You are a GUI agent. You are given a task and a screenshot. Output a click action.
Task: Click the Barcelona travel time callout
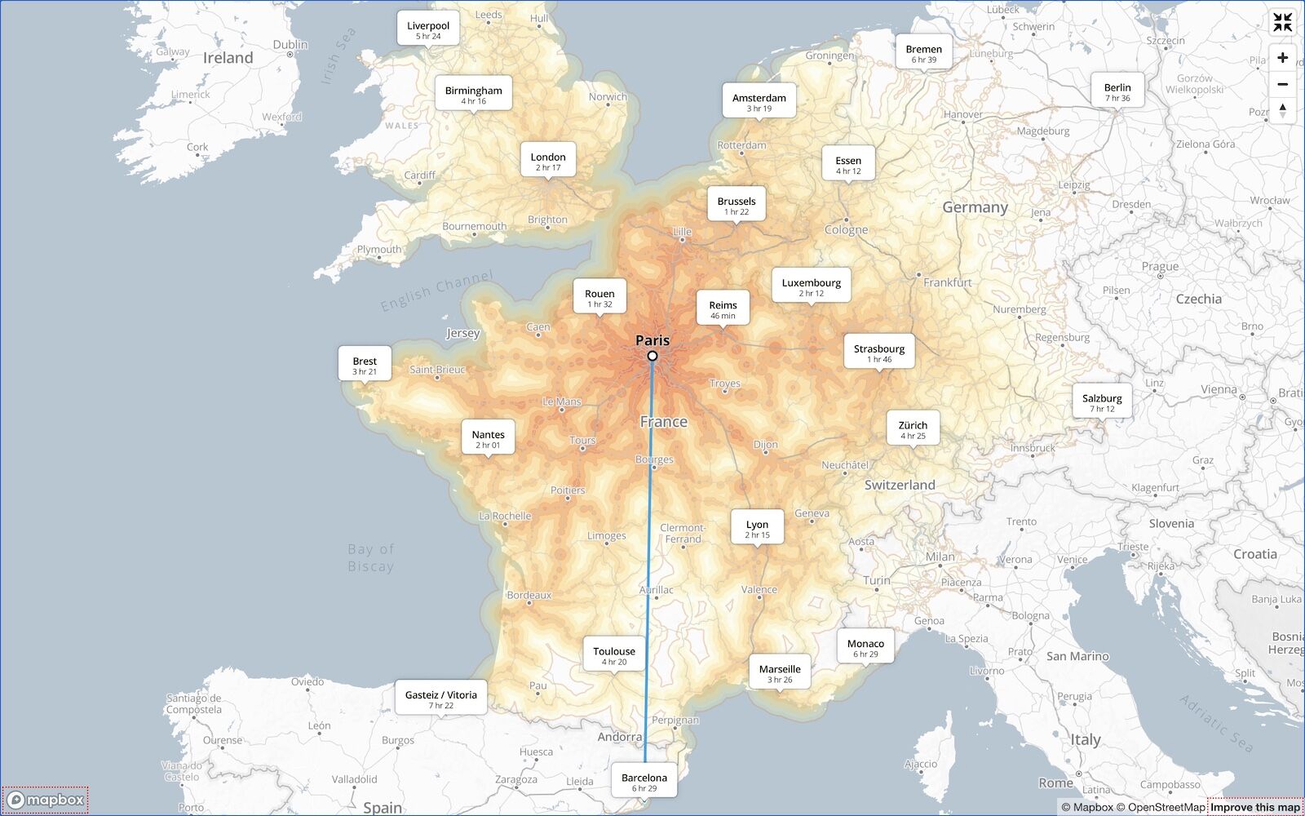[644, 782]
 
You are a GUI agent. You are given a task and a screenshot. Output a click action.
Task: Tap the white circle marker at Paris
[652, 356]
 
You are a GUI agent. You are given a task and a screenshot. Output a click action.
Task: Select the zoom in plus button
[1282, 58]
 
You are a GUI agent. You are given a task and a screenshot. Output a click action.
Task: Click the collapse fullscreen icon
[1282, 23]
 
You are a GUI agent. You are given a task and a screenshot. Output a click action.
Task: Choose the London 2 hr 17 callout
[548, 161]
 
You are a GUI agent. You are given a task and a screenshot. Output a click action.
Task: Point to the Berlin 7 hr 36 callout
[1117, 91]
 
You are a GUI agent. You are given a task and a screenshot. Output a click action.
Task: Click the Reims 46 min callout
[723, 309]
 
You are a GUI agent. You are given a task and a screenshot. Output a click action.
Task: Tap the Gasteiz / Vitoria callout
[441, 698]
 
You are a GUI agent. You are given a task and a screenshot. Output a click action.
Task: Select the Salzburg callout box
[1102, 402]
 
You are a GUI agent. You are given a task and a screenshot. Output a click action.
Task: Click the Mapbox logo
[46, 800]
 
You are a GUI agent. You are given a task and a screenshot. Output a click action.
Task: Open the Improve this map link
[1254, 807]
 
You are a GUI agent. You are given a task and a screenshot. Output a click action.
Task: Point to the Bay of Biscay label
[371, 558]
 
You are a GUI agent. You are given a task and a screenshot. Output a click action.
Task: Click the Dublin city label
[290, 45]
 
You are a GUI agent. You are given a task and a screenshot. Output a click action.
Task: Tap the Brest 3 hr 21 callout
[365, 365]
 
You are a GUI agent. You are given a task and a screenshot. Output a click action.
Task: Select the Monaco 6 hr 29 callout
[865, 648]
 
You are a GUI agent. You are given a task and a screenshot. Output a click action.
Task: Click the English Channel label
[436, 290]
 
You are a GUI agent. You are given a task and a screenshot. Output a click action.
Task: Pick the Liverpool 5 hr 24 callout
[428, 29]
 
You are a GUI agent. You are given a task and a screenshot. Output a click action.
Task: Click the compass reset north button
[1282, 110]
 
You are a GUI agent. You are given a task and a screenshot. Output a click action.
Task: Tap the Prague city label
[1160, 266]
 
